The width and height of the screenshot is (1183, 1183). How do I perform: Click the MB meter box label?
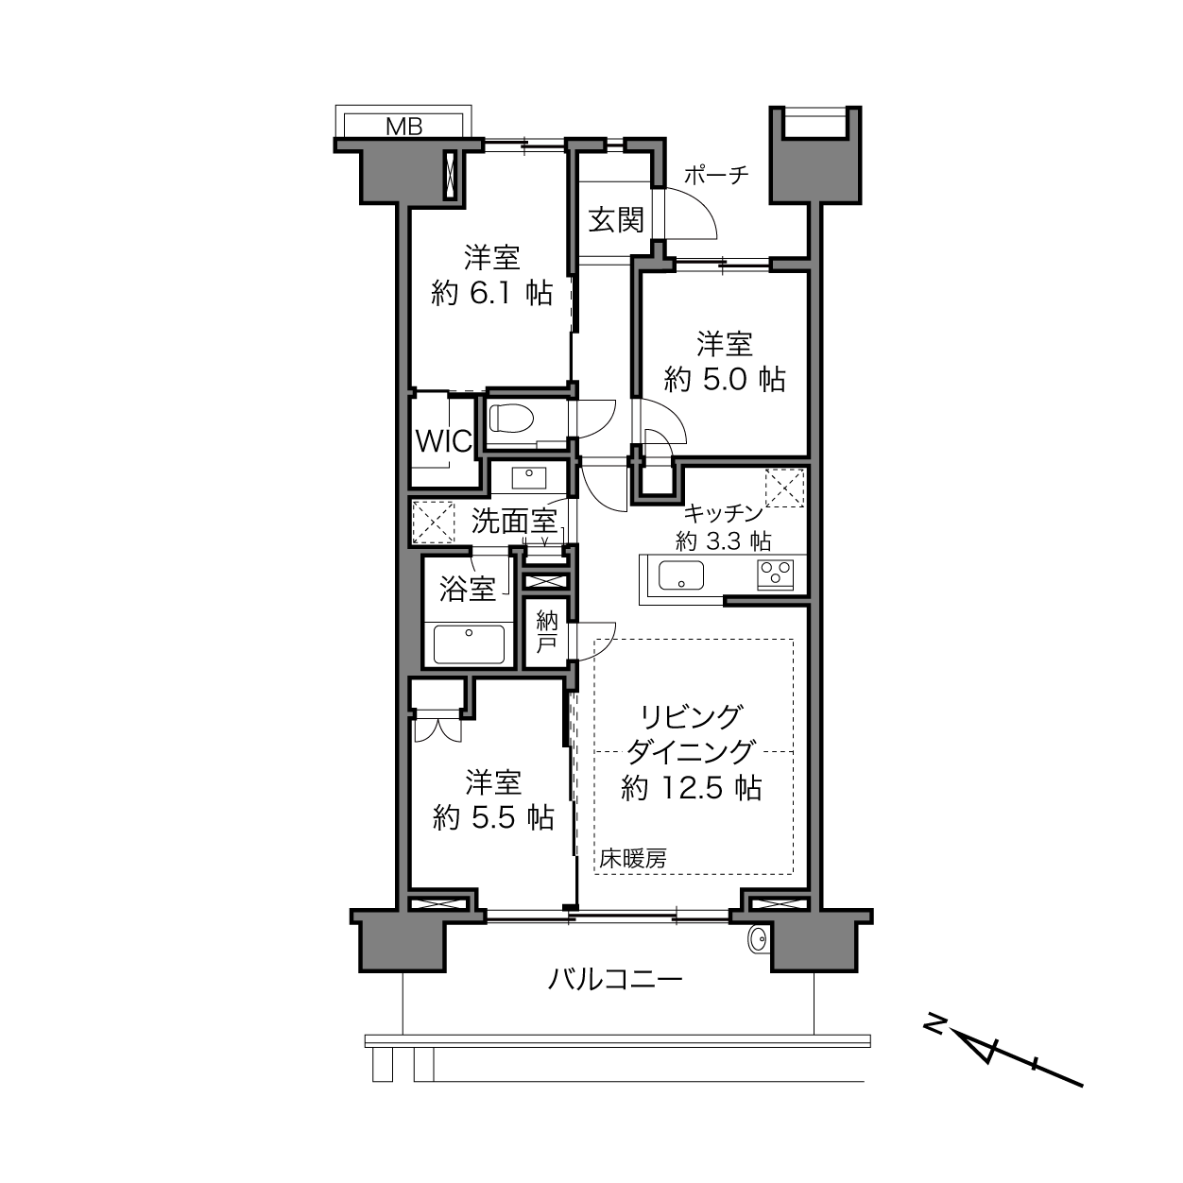pos(404,127)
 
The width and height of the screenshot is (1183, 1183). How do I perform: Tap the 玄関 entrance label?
pos(616,220)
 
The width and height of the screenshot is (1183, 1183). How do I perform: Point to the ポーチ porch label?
pos(716,175)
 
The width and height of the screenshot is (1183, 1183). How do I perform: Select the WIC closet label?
pos(443,440)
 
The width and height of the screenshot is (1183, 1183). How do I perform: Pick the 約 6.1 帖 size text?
pos(492,294)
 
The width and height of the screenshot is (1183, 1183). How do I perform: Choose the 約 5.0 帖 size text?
pos(725,380)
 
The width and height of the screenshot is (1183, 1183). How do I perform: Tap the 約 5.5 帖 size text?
pos(493,817)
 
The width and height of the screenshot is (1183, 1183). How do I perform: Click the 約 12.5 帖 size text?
pos(692,788)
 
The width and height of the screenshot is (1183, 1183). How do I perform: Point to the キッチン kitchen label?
pos(723,513)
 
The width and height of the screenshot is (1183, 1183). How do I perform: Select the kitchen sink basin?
pos(681,575)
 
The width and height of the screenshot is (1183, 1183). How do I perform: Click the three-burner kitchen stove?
pos(776,575)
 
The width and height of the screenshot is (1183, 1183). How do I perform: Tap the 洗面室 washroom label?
pos(514,522)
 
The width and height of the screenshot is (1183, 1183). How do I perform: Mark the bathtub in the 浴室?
pos(469,644)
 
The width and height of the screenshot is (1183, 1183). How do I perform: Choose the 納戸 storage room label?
pos(546,632)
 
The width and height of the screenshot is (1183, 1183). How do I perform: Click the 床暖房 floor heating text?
pos(633,858)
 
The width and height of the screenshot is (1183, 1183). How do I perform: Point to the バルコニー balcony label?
pos(615,979)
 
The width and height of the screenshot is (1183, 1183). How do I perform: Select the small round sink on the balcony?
pos(758,939)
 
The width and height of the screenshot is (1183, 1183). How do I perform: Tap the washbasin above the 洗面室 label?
pos(528,477)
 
